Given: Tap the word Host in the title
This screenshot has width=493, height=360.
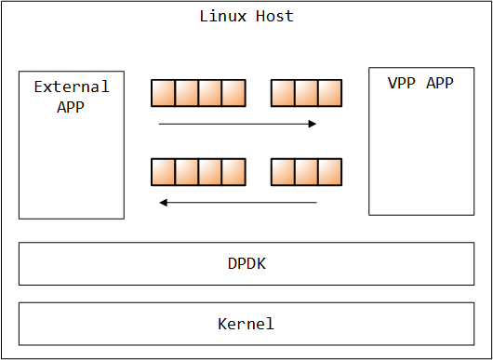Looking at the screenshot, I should tap(275, 17).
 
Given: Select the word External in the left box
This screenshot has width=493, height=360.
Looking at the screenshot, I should tap(72, 87).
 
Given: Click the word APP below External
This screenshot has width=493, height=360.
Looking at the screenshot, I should tap(72, 105).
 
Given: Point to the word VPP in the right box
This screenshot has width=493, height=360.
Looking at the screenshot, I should tap(401, 83).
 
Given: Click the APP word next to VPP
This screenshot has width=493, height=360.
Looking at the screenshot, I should tap(440, 83).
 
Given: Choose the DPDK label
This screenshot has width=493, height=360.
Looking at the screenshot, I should tap(246, 263).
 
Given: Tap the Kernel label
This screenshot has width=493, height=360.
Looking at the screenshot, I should tap(246, 324).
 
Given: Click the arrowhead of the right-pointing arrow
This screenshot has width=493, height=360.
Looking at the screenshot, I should tap(313, 123).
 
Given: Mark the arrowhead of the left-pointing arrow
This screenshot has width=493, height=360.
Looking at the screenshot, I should tap(164, 202).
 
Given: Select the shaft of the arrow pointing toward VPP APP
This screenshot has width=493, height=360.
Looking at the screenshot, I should tap(233, 123).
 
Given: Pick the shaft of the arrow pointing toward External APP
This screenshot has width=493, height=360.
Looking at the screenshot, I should tap(242, 202).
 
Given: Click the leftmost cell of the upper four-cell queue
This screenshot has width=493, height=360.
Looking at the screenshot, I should tap(164, 93).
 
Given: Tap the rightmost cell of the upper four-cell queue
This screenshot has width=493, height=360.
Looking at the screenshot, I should tap(233, 93).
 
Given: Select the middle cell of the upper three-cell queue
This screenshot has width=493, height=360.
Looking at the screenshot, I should tap(306, 93).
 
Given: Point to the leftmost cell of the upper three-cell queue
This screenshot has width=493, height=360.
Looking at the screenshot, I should tap(283, 93).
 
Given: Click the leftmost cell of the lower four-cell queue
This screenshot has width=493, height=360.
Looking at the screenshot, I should tap(164, 172).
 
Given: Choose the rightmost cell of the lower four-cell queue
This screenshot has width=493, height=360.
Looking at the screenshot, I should tap(233, 172).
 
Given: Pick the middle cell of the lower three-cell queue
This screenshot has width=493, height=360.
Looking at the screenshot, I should tap(306, 172).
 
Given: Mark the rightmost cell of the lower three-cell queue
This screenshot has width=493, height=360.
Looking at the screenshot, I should tap(330, 172).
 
